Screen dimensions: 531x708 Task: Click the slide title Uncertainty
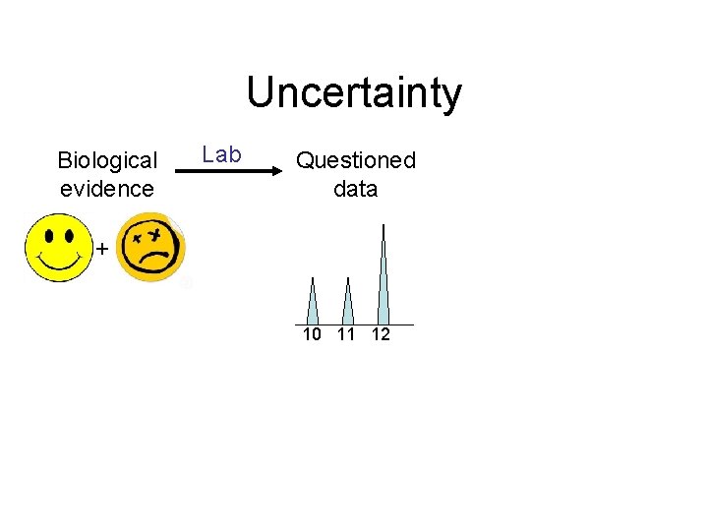(354, 93)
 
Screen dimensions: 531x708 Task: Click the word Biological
(107, 160)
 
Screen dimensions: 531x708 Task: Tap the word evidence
(107, 188)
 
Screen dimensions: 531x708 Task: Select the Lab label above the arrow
(221, 154)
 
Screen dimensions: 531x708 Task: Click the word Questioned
(356, 160)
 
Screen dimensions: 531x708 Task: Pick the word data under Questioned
(356, 188)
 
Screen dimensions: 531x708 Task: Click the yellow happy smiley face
(58, 249)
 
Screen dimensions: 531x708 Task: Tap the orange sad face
(151, 249)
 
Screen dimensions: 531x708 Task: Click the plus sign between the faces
(101, 250)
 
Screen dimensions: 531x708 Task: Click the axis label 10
(312, 334)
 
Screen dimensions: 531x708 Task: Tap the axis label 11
(346, 334)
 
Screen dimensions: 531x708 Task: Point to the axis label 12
(381, 334)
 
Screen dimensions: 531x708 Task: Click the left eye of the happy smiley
(48, 237)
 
